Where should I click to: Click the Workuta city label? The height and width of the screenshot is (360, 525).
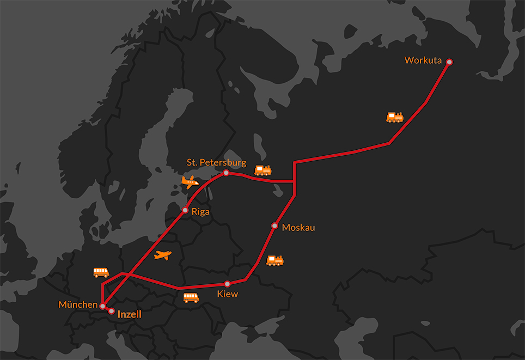423,60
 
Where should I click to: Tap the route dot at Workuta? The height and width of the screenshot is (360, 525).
449,62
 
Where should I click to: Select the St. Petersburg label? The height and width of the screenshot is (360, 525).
216,162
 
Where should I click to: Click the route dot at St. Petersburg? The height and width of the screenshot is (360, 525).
226,173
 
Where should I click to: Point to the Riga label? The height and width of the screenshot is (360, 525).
200,212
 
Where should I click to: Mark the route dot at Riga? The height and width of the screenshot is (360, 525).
185,210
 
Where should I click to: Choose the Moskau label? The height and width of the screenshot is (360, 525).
298,227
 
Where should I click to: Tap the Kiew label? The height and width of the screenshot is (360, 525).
228,294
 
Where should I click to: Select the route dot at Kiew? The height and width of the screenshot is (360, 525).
227,284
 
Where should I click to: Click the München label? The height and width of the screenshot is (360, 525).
77,304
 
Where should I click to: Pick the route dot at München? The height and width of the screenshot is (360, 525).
102,306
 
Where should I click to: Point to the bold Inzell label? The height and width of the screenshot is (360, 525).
130,314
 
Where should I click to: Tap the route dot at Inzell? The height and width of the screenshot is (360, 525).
112,311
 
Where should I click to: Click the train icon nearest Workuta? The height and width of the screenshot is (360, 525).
395,117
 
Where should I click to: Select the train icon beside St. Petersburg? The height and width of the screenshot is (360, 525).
263,170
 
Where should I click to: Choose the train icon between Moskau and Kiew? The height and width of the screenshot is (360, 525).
275,260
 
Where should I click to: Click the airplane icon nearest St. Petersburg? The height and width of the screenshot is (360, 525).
190,182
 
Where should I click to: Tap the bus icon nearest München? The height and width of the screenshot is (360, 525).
101,272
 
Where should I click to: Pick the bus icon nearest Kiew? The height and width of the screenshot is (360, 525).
191,297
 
